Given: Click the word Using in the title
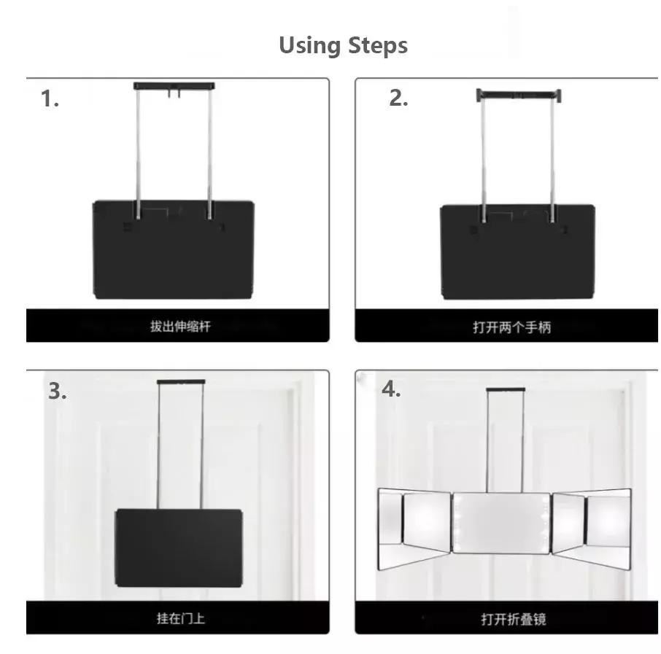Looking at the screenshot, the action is point(310,45).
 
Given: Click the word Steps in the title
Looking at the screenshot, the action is point(378,45).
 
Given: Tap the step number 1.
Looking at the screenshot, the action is point(50,98).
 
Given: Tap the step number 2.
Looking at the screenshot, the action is point(398,98).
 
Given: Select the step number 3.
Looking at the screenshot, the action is point(58,391).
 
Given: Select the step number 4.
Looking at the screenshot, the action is point(391,389).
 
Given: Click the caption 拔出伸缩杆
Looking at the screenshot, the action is point(180,326).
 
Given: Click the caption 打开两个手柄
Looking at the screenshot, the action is point(511,327).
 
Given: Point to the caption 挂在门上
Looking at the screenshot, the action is point(181,618).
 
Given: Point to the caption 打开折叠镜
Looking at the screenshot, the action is point(514,619).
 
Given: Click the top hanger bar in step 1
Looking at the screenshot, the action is point(174,86).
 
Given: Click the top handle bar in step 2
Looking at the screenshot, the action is point(519,95).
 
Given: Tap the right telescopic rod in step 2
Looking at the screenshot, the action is point(552,161).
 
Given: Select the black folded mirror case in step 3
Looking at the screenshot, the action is point(179,548).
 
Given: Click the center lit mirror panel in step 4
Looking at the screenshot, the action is point(501,523).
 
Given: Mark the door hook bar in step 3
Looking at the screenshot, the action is point(181,382).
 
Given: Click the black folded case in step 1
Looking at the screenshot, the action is point(174,249).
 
